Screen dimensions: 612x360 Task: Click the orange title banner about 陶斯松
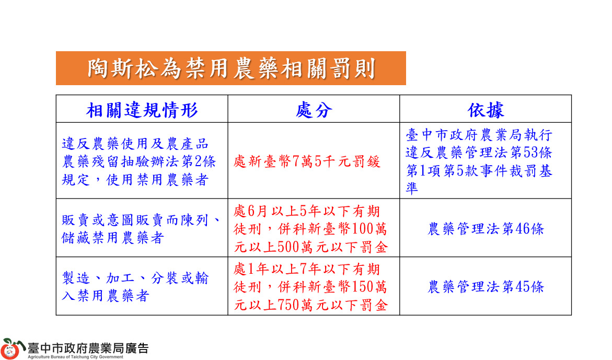230,68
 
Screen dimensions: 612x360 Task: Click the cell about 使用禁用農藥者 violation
142,161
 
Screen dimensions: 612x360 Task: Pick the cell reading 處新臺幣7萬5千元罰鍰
314,161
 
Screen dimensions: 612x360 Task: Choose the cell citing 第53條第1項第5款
486,161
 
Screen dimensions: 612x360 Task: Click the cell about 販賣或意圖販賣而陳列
142,228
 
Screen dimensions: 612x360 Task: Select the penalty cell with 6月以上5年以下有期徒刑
314,228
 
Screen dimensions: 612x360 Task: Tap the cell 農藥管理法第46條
486,228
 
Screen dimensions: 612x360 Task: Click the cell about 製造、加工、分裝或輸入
142,286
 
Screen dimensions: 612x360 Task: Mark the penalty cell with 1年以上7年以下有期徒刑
314,286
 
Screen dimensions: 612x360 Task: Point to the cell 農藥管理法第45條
486,286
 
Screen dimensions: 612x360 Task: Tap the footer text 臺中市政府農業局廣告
88,348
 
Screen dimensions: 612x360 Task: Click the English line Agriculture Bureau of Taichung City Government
75,357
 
